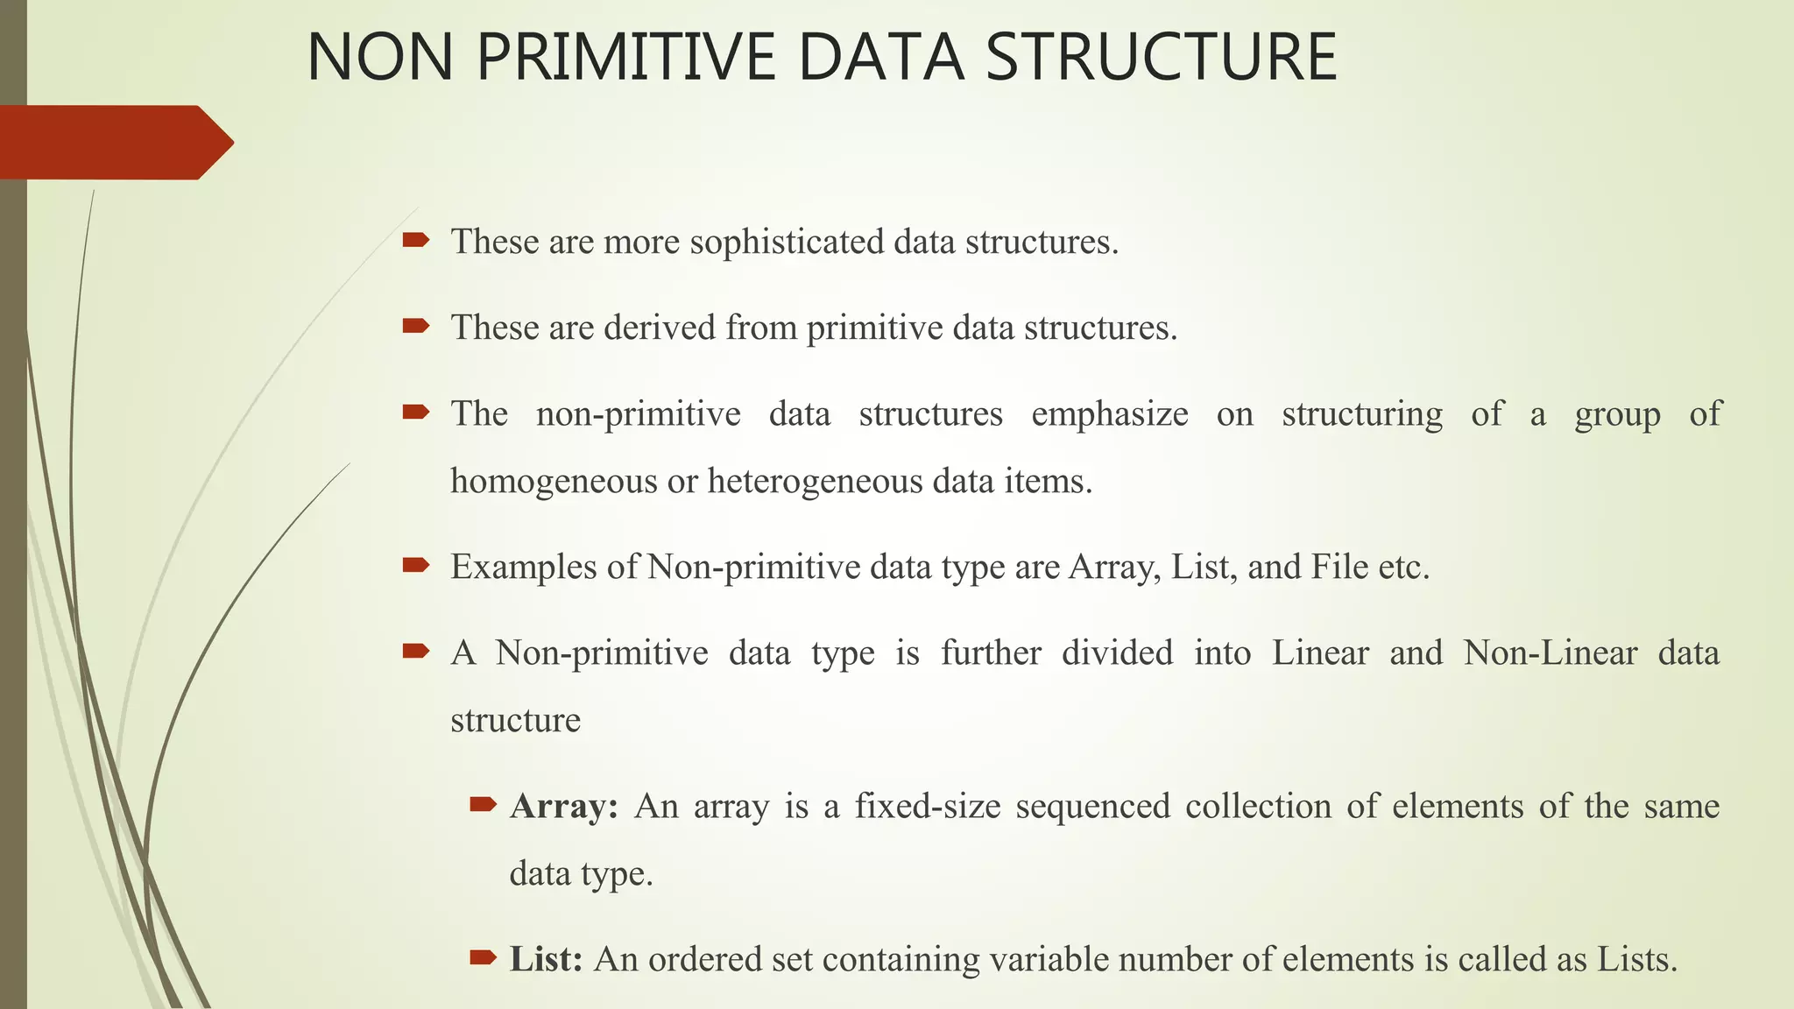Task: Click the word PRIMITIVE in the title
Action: [626, 58]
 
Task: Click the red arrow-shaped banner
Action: [114, 142]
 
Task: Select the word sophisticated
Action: [787, 242]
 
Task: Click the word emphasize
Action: [1109, 413]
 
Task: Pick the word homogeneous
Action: [554, 481]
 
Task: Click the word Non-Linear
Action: [1550, 653]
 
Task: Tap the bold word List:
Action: [546, 959]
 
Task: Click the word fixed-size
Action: [928, 806]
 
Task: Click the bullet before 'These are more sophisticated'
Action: [415, 240]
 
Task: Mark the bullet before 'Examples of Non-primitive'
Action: [415, 566]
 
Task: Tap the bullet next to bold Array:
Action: [483, 804]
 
